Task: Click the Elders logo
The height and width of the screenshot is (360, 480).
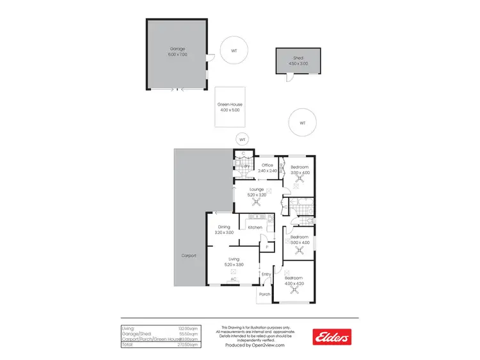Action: point(332,336)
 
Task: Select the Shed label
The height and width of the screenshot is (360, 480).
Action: point(298,60)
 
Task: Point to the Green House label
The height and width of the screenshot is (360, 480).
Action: point(230,107)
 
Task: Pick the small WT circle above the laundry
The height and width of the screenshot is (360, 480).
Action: point(241,139)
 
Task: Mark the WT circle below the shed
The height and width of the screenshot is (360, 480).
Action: point(302,122)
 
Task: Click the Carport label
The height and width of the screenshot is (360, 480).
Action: point(188,255)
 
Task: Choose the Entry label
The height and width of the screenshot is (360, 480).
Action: point(266,274)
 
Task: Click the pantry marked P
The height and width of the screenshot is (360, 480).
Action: point(266,247)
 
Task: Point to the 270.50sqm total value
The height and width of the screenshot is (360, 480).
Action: point(190,345)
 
